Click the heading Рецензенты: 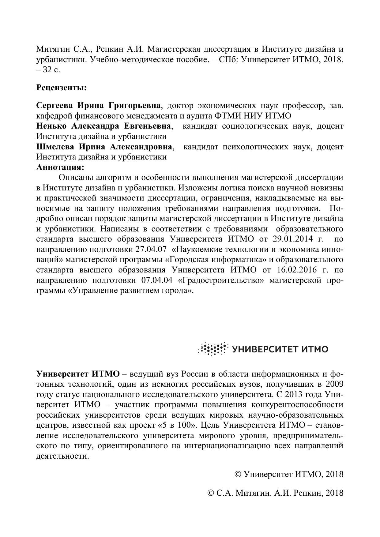(x=62, y=88)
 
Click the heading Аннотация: (x=60, y=167)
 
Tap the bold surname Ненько (x=51, y=126)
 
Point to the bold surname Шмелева (x=55, y=147)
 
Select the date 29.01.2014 (x=294, y=239)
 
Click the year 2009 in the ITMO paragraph (x=334, y=384)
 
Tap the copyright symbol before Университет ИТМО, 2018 (x=238, y=474)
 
